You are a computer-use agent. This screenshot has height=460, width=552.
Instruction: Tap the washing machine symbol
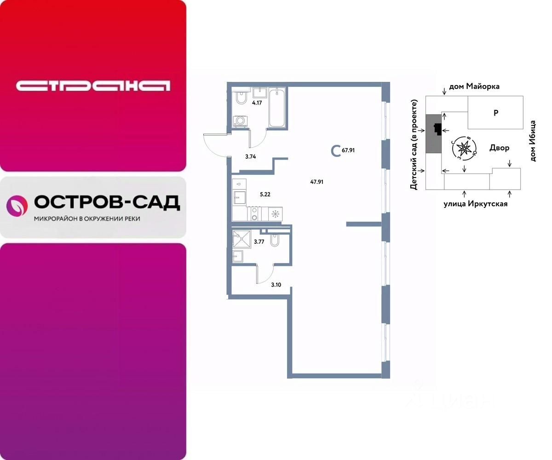[240, 121]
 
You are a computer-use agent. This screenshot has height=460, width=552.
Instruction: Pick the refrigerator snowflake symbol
[276, 213]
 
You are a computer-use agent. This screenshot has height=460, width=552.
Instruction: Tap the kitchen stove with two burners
[254, 214]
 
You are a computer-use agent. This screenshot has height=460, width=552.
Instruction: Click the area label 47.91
[317, 182]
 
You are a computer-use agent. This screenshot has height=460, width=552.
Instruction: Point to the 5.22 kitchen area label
[264, 195]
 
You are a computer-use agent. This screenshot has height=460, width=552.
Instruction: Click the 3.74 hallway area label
[250, 157]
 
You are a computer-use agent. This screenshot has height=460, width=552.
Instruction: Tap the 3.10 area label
[276, 285]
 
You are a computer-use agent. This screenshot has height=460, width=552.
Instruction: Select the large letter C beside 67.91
[336, 150]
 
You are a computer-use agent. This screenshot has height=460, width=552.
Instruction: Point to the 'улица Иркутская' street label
[475, 204]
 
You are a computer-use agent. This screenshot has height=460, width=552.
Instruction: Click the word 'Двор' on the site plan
[499, 148]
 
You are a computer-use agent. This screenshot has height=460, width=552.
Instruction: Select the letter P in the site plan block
[496, 113]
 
